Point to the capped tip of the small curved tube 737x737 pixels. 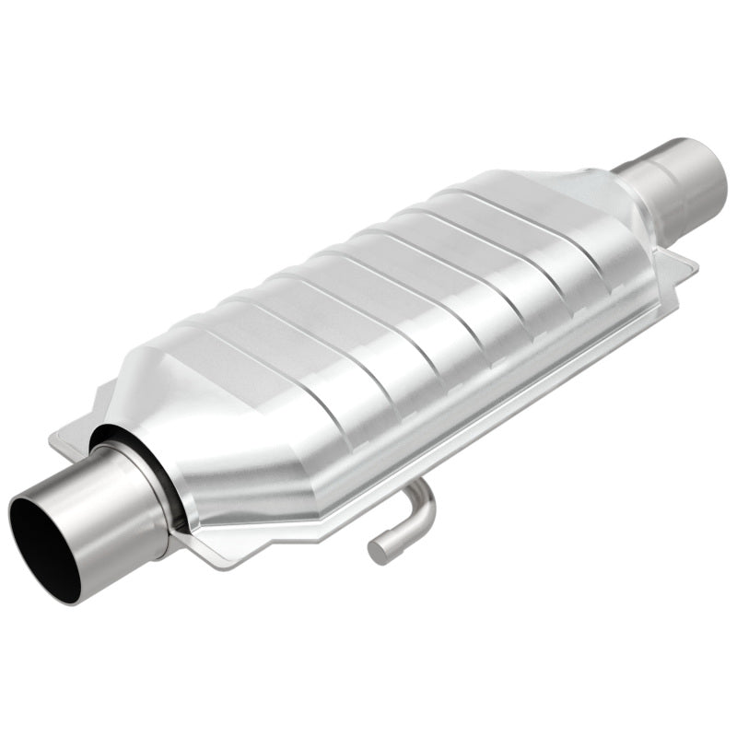(379, 552)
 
